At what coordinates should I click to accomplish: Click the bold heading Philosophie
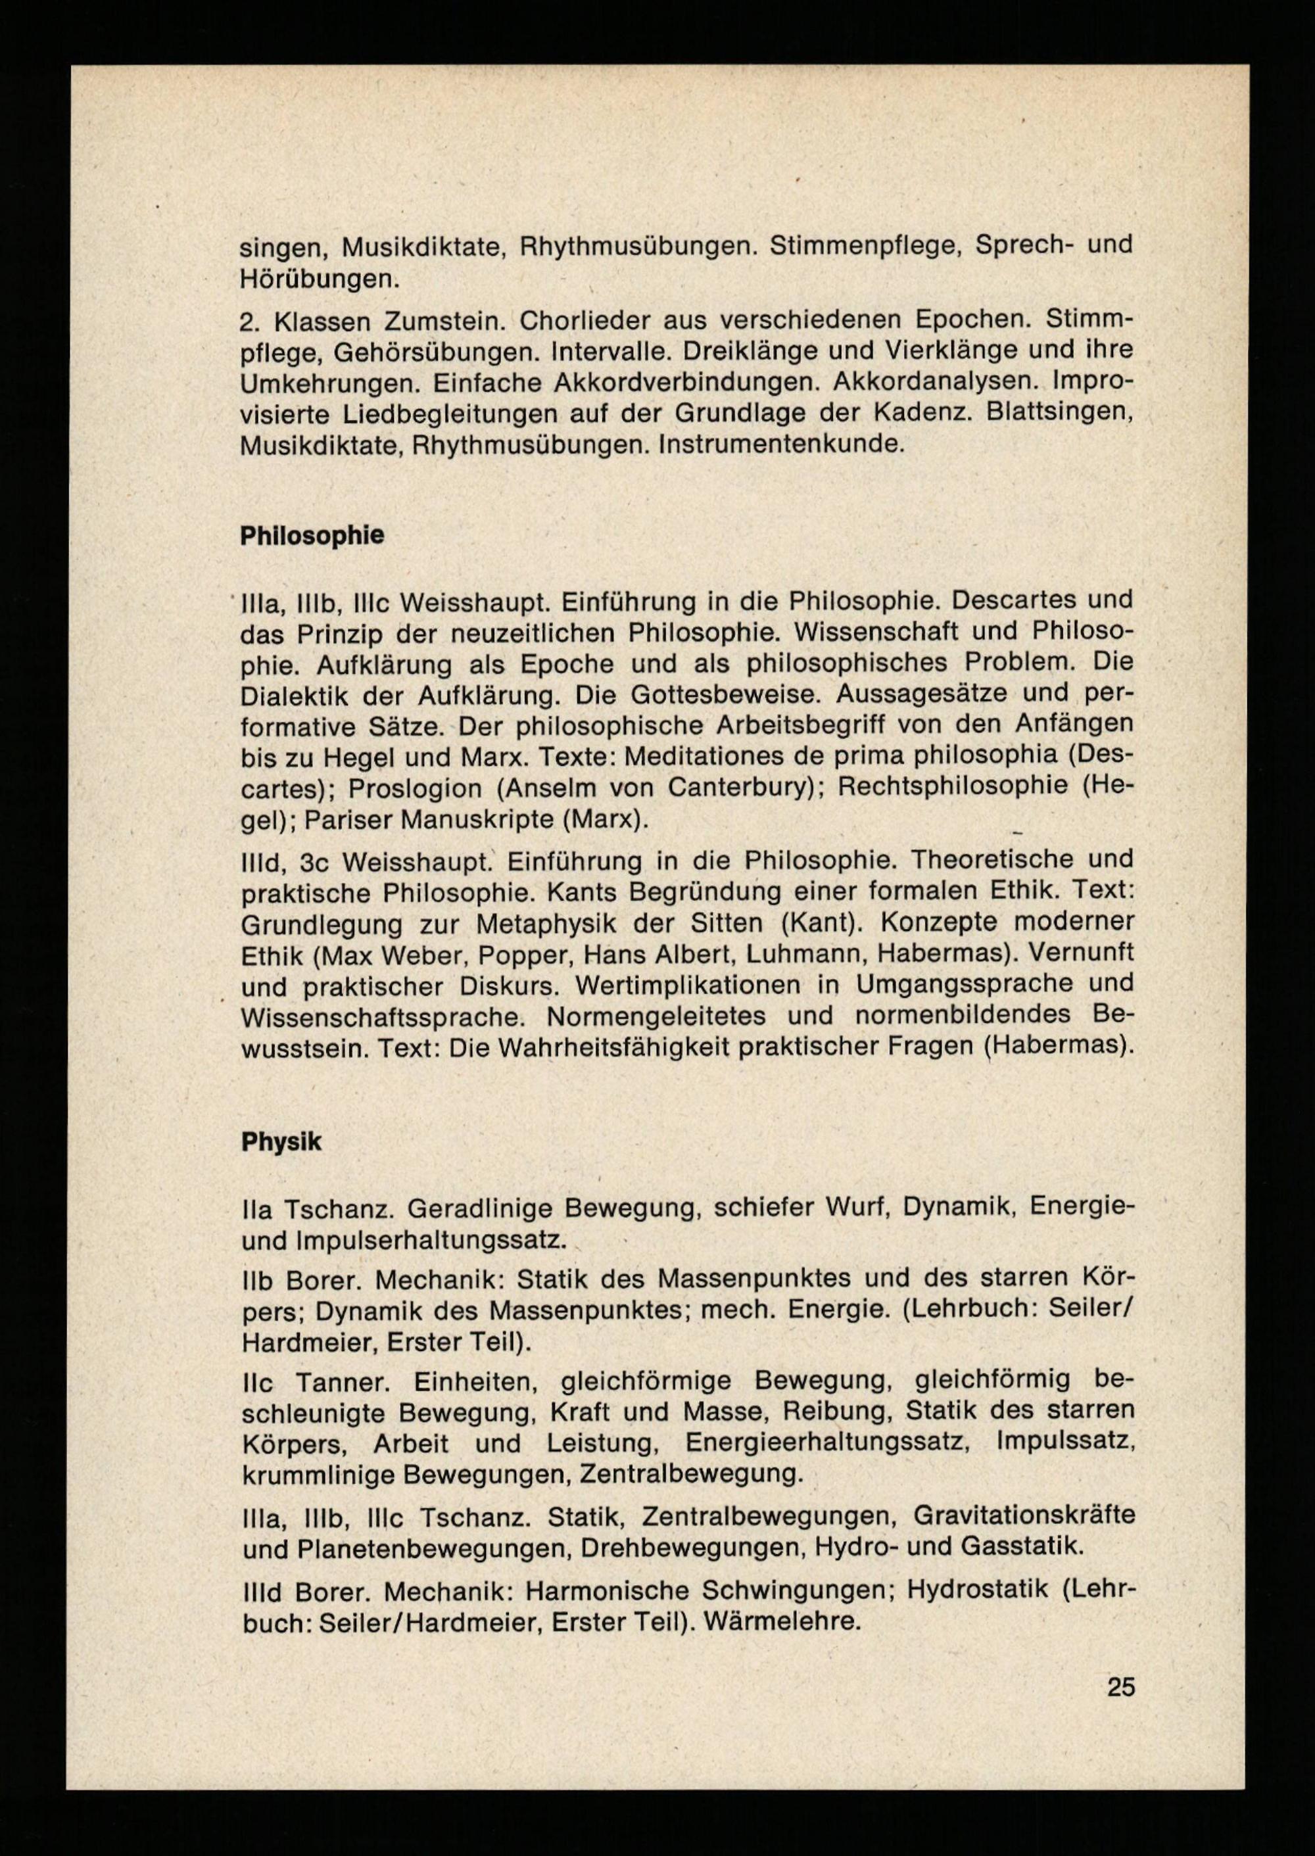(x=312, y=536)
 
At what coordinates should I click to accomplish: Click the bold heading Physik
(x=281, y=1142)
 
